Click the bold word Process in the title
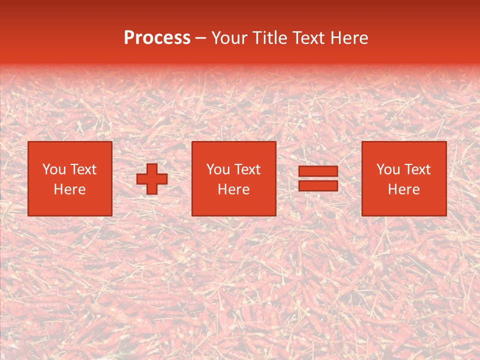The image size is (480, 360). point(157,38)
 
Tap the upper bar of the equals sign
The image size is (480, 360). point(318,171)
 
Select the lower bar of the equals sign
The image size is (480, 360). point(318,186)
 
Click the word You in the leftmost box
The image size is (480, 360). point(54,169)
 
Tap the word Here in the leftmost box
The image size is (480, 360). point(69,189)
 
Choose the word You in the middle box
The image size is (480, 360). point(218,169)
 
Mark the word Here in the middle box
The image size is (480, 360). point(233,189)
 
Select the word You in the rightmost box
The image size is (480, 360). point(388,169)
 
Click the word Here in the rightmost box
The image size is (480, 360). point(403,189)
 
